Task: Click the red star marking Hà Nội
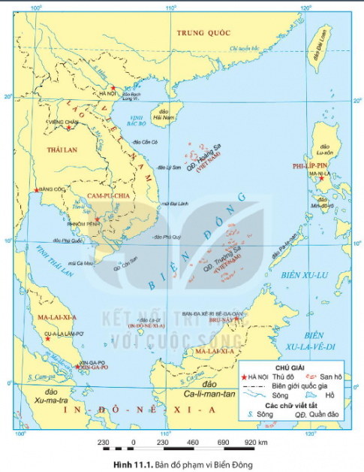tap(113, 88)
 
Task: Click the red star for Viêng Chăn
tap(69, 127)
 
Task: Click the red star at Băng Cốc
tap(36, 189)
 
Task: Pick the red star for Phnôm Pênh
tap(97, 219)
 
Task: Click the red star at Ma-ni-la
tap(320, 179)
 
